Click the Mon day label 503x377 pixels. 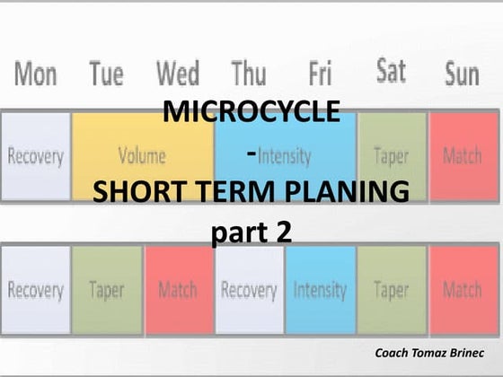tap(35, 74)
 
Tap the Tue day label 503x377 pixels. tap(107, 74)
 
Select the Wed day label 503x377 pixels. tap(177, 74)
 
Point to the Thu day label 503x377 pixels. tap(249, 74)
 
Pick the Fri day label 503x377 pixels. tap(320, 74)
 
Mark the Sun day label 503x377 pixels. tap(462, 74)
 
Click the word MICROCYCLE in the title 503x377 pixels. tap(251, 113)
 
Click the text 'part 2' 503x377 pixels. tap(251, 232)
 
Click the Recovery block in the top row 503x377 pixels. tap(36, 156)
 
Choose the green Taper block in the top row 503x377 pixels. tap(392, 156)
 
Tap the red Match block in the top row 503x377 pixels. tap(463, 156)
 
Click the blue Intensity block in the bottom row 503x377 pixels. tap(320, 290)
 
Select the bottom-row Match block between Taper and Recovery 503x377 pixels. tap(178, 290)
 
